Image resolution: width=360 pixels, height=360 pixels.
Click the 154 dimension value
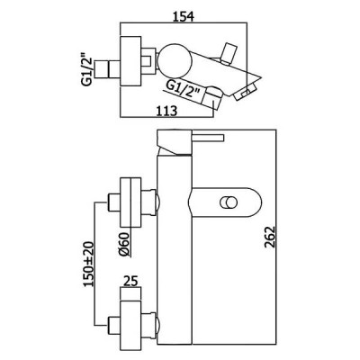(183, 16)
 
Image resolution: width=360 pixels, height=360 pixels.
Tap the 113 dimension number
(166, 111)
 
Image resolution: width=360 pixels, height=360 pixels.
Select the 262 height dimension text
(270, 237)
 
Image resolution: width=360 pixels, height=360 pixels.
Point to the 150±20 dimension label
(88, 264)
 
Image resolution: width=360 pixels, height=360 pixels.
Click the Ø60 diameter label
(123, 245)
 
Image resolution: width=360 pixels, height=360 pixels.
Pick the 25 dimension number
(130, 282)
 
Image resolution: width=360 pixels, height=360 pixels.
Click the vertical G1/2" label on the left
(86, 69)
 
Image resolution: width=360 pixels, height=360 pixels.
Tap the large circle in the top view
(175, 60)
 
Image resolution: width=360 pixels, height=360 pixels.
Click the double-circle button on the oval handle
(228, 202)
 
